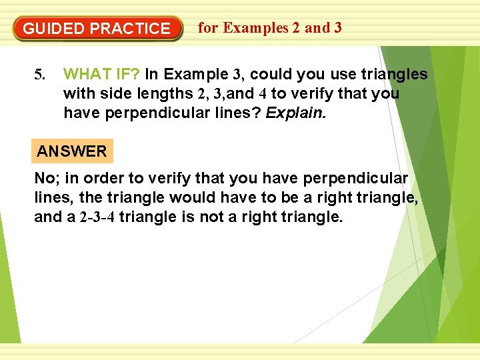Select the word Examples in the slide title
click(x=256, y=27)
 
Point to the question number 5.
click(x=39, y=74)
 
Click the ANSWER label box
click(x=72, y=151)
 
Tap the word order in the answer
click(x=96, y=179)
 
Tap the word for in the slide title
click(x=208, y=27)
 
